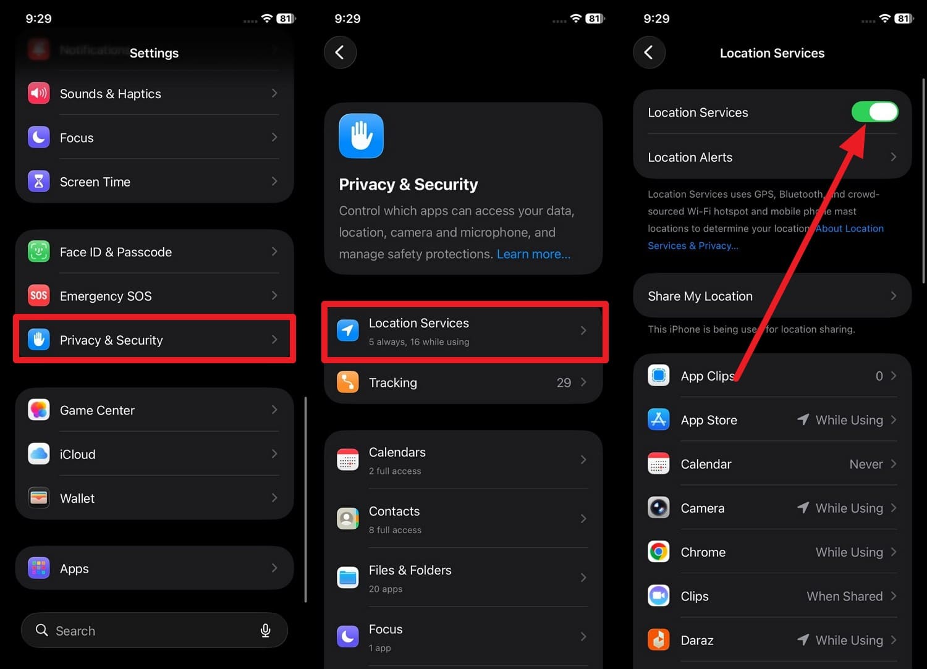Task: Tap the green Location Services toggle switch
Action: pyautogui.click(x=874, y=112)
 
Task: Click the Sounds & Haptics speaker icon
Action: pyautogui.click(x=39, y=93)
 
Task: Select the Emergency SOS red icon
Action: pyautogui.click(x=39, y=295)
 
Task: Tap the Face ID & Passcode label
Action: pyautogui.click(x=116, y=252)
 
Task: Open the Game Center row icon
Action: pyautogui.click(x=39, y=410)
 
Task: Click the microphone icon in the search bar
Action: pyautogui.click(x=265, y=630)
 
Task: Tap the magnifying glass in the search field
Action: pyautogui.click(x=42, y=630)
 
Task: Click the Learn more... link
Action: pyautogui.click(x=533, y=254)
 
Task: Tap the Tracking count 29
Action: pyautogui.click(x=564, y=383)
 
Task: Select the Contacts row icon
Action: pyautogui.click(x=348, y=518)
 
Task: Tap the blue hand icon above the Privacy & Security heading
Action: pyautogui.click(x=361, y=136)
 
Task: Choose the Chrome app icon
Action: pyautogui.click(x=659, y=552)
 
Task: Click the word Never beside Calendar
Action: pyautogui.click(x=866, y=464)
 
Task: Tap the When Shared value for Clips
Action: pyautogui.click(x=844, y=596)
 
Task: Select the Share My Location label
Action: pyautogui.click(x=700, y=296)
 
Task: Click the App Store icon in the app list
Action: pyautogui.click(x=659, y=419)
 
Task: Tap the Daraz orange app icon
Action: pyautogui.click(x=659, y=640)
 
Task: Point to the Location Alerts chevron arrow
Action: pyautogui.click(x=893, y=157)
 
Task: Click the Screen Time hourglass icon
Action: pyautogui.click(x=39, y=182)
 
